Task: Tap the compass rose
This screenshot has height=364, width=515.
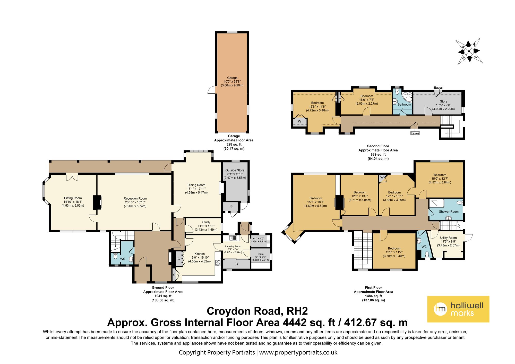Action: (x=469, y=51)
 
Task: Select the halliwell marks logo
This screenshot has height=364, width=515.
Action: (x=458, y=309)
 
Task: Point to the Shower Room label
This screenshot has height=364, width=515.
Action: (x=449, y=212)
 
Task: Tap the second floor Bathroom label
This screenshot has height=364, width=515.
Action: (x=404, y=105)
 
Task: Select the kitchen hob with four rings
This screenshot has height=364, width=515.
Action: (x=218, y=263)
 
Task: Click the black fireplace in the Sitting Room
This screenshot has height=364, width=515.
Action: (x=97, y=202)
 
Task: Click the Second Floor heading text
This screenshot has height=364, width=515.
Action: (x=378, y=146)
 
